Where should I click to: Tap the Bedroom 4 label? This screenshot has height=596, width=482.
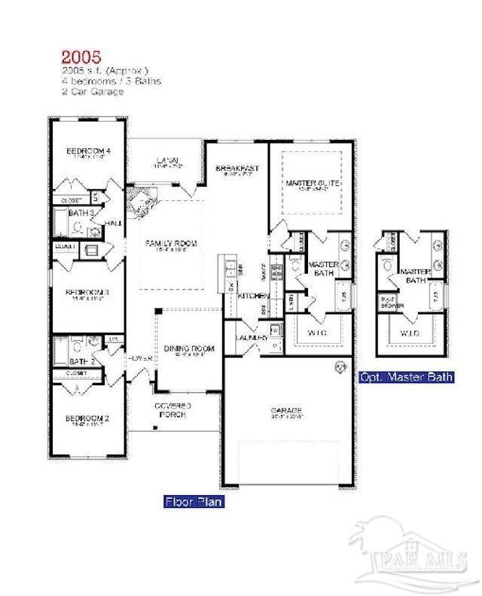[89, 151]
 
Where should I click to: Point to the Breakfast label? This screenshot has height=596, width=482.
[237, 168]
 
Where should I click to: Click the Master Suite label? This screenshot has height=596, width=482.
[311, 183]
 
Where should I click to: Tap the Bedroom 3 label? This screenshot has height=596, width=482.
[88, 292]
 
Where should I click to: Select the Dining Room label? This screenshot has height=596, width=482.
[189, 348]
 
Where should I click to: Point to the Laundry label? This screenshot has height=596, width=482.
[251, 339]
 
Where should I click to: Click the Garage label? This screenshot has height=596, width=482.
[287, 412]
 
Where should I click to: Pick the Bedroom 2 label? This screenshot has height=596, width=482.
[87, 418]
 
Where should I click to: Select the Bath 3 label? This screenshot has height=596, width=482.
[82, 214]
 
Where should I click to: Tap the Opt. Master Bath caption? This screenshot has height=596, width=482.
[406, 376]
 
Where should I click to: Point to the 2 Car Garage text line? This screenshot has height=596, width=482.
[92, 91]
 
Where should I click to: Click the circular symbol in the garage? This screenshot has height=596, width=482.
[339, 368]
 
